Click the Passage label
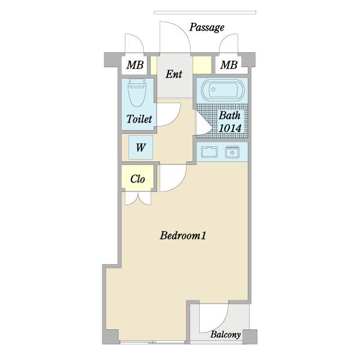(x=206, y=28)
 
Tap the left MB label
(x=135, y=65)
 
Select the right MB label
(x=229, y=65)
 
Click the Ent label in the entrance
(x=174, y=74)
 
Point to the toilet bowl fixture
(x=137, y=92)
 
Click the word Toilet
(x=139, y=119)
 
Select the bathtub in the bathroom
(x=222, y=90)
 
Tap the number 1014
(x=230, y=128)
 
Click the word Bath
(x=230, y=115)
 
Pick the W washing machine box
(x=141, y=147)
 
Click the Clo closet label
(x=137, y=179)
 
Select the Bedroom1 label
(x=183, y=236)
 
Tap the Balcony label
(x=226, y=335)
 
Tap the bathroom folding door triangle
(x=203, y=123)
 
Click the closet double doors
(x=138, y=198)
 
